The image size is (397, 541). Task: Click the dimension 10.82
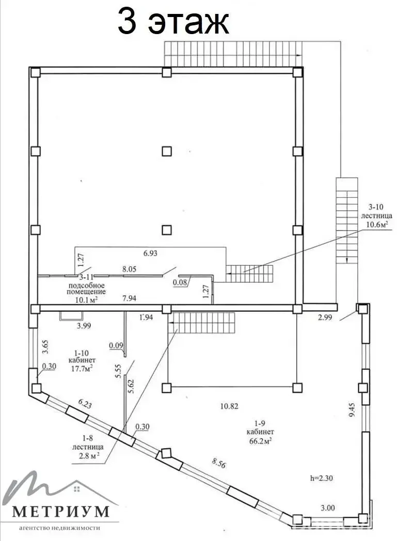pyautogui.click(x=229, y=406)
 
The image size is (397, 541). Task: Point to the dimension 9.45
pyautogui.click(x=352, y=410)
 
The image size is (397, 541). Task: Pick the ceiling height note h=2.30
pyautogui.click(x=322, y=478)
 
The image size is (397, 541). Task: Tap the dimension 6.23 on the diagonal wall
pyautogui.click(x=85, y=404)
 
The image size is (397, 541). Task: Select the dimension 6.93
pyautogui.click(x=150, y=253)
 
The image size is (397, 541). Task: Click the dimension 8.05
pyautogui.click(x=130, y=269)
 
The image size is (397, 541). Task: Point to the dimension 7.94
pyautogui.click(x=130, y=298)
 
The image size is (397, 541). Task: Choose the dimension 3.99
pyautogui.click(x=84, y=325)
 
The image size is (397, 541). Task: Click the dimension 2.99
pyautogui.click(x=325, y=317)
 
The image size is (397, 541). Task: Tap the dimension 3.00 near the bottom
pyautogui.click(x=327, y=508)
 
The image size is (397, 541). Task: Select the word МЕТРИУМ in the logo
pyautogui.click(x=61, y=512)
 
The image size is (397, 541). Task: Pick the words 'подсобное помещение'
pyautogui.click(x=86, y=289)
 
